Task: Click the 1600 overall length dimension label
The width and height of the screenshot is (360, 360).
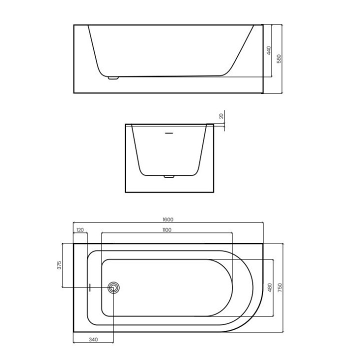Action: (x=168, y=219)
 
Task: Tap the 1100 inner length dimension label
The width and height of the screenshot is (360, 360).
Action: (x=167, y=230)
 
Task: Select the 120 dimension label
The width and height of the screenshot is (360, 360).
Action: (x=80, y=229)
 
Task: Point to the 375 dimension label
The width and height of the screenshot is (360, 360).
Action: (x=59, y=265)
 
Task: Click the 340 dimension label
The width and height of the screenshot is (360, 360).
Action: (x=93, y=339)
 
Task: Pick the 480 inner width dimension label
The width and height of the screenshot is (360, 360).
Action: (x=270, y=287)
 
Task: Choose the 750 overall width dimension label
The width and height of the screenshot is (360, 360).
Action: (x=280, y=287)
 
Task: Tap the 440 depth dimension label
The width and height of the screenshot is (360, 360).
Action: (x=269, y=50)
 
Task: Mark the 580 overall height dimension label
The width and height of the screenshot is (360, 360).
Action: (x=279, y=59)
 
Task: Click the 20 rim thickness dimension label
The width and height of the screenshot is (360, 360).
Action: (x=221, y=116)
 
